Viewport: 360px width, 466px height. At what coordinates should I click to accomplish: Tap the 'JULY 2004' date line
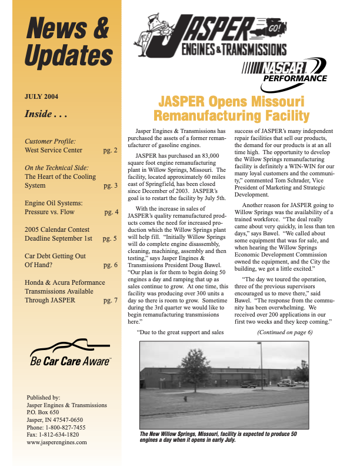coord(41,96)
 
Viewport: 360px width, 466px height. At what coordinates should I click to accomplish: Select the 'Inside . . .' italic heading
coord(46,114)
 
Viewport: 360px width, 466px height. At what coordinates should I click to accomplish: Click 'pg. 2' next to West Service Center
coord(111,151)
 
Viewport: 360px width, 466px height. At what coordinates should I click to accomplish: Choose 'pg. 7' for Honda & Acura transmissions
coord(111,284)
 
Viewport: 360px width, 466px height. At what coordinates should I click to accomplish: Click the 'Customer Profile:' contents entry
coord(50,141)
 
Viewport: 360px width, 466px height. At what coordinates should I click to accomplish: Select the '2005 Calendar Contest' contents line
coord(57,229)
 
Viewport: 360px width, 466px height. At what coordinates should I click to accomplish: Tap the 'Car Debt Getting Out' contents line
coord(55,257)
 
